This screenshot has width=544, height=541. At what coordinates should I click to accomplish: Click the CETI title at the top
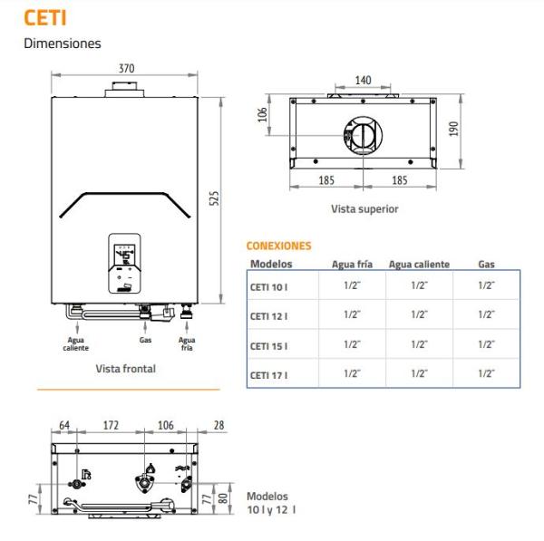point(44,16)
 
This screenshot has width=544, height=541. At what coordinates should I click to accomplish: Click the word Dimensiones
point(62,43)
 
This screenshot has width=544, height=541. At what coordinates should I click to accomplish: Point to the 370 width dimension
point(126,68)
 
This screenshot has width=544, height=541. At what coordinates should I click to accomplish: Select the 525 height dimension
point(215,198)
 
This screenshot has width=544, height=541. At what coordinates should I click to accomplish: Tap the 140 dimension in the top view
point(363,80)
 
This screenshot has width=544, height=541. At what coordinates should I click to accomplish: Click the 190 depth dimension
point(453,130)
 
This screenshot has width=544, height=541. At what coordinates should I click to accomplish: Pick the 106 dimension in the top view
point(263,116)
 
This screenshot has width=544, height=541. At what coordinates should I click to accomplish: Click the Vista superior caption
point(364,208)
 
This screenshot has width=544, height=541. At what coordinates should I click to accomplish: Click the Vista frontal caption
point(125,369)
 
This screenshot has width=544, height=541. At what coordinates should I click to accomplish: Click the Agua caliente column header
point(419,265)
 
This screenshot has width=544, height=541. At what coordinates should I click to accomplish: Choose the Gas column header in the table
point(486,265)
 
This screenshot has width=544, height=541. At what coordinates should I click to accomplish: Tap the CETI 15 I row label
point(269,345)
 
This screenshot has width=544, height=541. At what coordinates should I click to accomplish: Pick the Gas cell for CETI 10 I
point(486,285)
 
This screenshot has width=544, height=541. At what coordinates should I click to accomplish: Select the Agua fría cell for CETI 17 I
point(352,373)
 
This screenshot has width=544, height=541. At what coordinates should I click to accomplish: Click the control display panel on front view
point(125,258)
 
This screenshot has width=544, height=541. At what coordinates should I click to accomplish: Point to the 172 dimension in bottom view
point(110,425)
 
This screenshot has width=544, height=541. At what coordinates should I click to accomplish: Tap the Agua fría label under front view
point(187,343)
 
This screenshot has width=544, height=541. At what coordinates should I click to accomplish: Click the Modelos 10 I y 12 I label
point(270,503)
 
